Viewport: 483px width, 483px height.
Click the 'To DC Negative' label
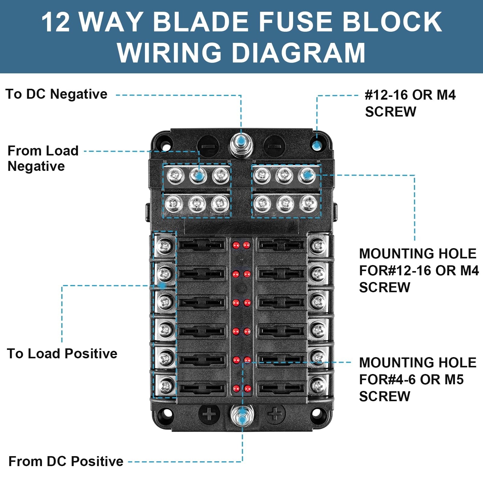pos(56,94)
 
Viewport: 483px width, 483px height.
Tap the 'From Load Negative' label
pos(43,158)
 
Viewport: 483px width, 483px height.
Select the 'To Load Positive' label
pos(62,353)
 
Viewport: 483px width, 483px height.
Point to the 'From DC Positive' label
pos(66,461)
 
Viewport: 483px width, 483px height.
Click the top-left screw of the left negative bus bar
pos(176,175)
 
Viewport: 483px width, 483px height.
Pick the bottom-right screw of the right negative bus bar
pos(308,203)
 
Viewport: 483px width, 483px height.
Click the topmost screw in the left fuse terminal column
pos(165,246)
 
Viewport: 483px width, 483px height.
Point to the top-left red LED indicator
pos(236,245)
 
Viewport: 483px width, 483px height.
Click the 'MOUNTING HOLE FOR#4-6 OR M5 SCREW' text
pos(417,379)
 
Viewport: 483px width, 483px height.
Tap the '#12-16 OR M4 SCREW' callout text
pos(410,103)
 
